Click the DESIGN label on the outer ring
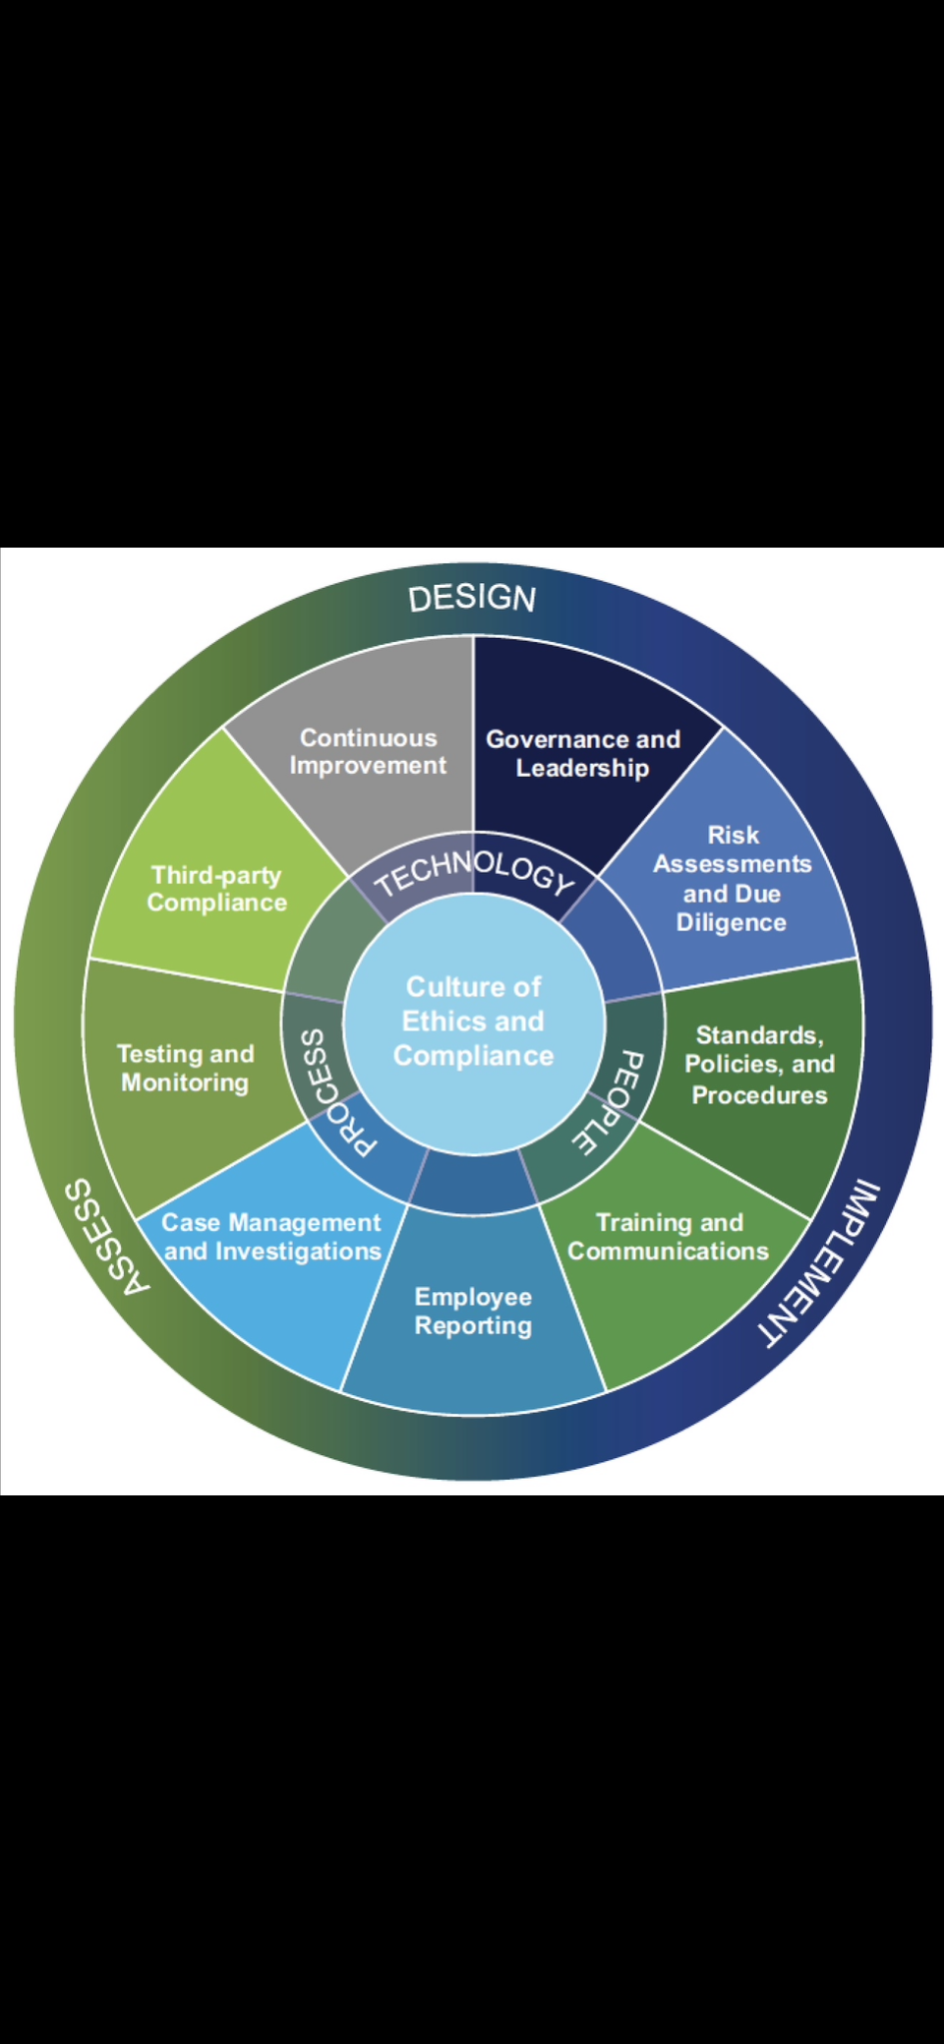[x=472, y=598]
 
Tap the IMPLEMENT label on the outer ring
[x=819, y=1263]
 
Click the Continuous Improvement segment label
[x=368, y=752]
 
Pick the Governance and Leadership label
[x=583, y=753]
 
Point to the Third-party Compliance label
[x=216, y=889]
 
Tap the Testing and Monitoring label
[x=185, y=1068]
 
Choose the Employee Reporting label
[x=473, y=1311]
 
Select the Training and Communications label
[x=669, y=1237]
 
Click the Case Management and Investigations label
[x=271, y=1237]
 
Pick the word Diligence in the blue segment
[x=731, y=923]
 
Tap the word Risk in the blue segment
[x=733, y=835]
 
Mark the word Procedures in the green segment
[x=759, y=1094]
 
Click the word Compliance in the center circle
[x=473, y=1056]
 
